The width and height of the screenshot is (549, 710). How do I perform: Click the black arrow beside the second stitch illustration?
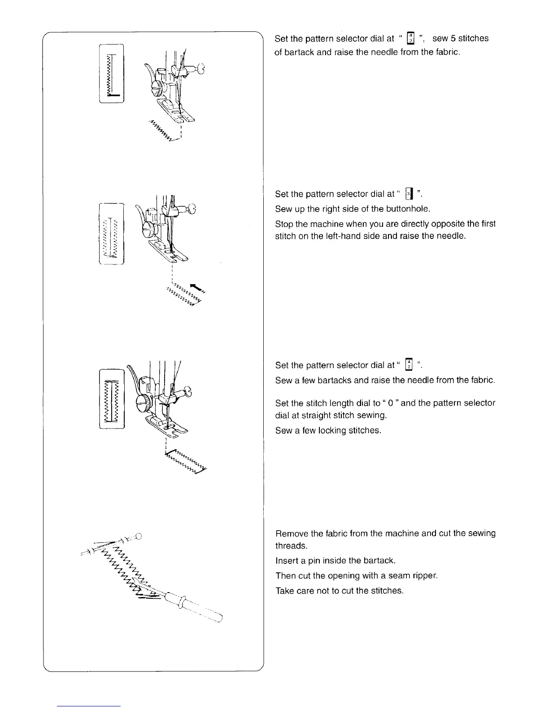pyautogui.click(x=196, y=287)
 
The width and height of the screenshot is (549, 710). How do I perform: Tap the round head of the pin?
pyautogui.click(x=138, y=535)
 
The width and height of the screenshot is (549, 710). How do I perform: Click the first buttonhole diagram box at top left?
pyautogui.click(x=112, y=74)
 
